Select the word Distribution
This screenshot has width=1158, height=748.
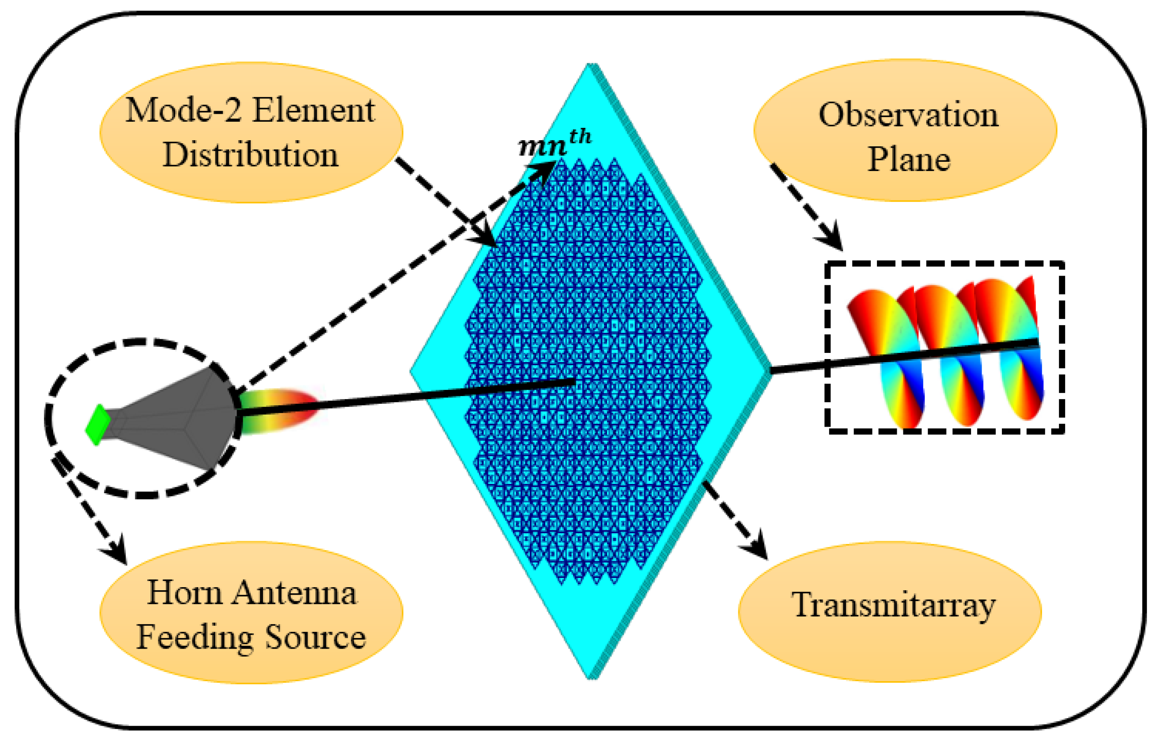pos(250,155)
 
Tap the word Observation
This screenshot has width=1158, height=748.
pos(908,115)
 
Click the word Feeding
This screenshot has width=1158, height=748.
pos(194,637)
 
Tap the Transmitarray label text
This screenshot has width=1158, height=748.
pos(893,605)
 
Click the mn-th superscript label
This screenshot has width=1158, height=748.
pos(555,143)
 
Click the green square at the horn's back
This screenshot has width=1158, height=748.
pos(98,425)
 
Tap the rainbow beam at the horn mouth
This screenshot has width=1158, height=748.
pos(277,411)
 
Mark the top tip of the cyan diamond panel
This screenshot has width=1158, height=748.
pos(592,65)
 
